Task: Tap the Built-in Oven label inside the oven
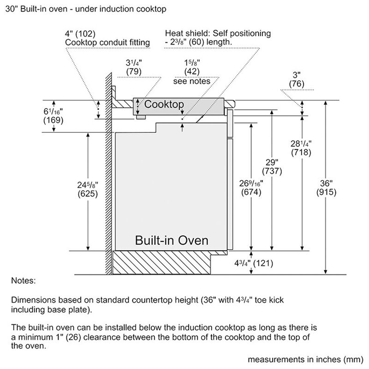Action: (x=171, y=240)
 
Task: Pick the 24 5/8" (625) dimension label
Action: (x=87, y=189)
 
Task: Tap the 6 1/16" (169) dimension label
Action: (x=54, y=116)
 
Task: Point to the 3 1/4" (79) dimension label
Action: (x=134, y=67)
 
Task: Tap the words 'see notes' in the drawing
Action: (x=191, y=81)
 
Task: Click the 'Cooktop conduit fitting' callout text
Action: (x=107, y=42)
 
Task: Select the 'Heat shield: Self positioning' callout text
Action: (x=218, y=34)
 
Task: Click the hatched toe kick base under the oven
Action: (x=161, y=263)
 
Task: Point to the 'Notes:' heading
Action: (x=23, y=280)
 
